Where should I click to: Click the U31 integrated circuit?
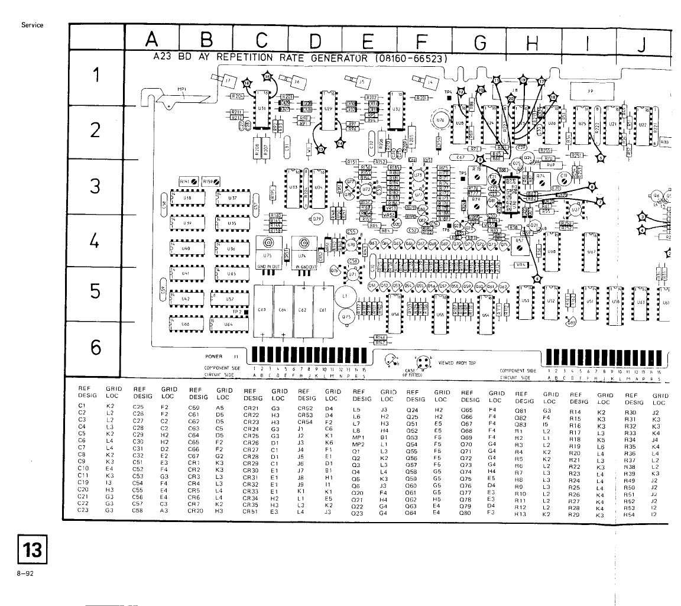[261, 109]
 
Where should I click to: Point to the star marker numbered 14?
[339, 143]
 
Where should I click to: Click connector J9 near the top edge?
[591, 92]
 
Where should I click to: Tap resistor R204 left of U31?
[237, 95]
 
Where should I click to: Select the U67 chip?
[589, 249]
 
